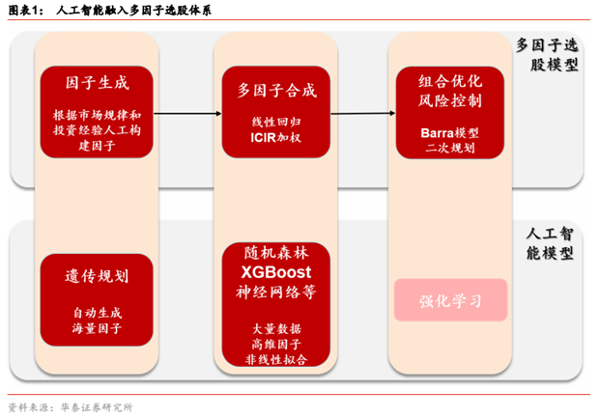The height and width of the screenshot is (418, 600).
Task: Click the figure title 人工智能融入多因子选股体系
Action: point(133,10)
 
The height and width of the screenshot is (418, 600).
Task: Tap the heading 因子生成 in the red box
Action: point(97,83)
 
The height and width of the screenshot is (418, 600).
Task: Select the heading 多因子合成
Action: point(276,90)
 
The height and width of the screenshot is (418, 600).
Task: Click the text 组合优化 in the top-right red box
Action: point(450,81)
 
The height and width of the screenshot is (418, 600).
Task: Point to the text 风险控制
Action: point(450,100)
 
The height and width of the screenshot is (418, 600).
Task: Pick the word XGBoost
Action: point(276,272)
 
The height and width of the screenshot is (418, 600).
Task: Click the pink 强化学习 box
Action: point(451,300)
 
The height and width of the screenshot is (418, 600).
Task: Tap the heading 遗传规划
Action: point(97,276)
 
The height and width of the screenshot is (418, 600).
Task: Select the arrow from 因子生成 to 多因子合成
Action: point(187,113)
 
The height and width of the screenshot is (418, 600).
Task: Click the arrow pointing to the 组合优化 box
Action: point(362,113)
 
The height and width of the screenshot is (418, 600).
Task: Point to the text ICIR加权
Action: point(276,137)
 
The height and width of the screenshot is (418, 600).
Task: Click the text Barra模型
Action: point(449,132)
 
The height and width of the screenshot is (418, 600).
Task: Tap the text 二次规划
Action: point(450,148)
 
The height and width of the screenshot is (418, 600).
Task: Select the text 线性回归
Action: point(276,122)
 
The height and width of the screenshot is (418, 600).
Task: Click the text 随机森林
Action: point(276,253)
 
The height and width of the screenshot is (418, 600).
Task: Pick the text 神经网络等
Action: point(276,292)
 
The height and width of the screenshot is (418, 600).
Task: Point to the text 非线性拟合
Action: point(276,359)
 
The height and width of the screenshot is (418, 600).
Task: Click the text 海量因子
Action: point(97,328)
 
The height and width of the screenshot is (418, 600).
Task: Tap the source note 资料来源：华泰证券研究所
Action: point(71,407)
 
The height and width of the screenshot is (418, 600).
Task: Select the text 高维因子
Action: point(276,345)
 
